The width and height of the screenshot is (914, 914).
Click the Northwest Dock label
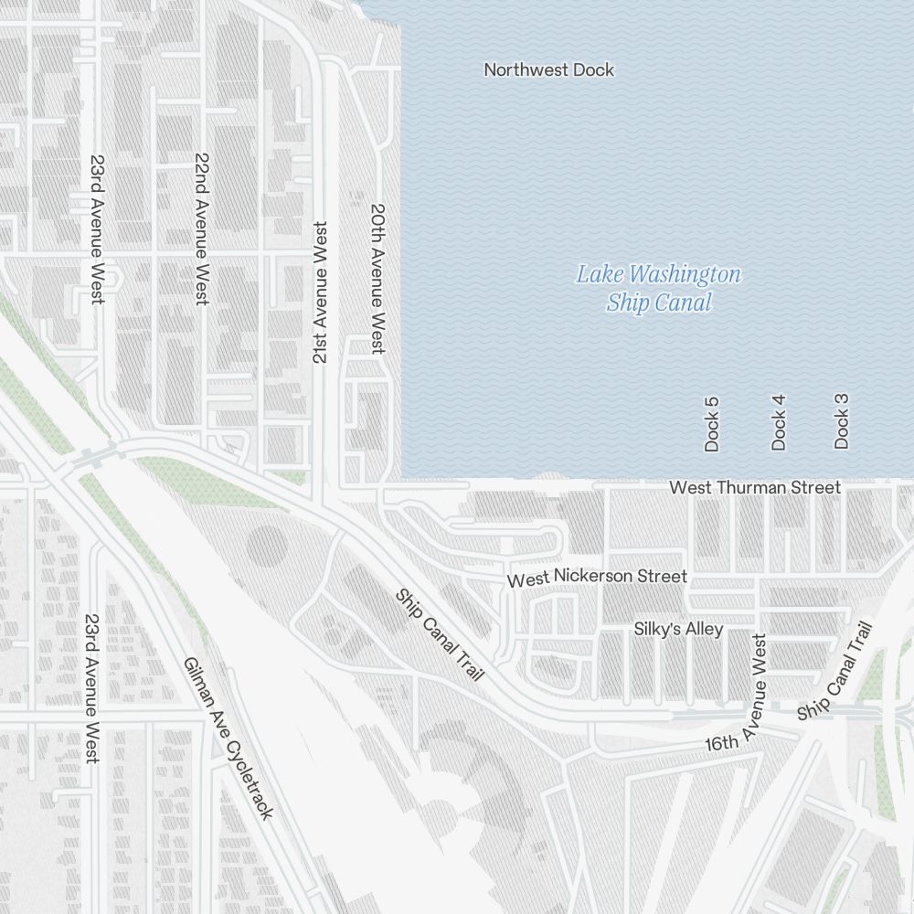point(548,69)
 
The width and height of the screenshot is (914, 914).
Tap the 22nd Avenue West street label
point(202,228)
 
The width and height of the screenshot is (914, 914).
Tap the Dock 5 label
point(712,424)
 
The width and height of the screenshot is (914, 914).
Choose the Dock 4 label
point(779,422)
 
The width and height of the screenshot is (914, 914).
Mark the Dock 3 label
point(842,420)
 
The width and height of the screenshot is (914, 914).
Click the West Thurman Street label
point(754,487)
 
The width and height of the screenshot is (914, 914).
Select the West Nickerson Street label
point(597,578)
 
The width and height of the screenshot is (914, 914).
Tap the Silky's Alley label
point(678,629)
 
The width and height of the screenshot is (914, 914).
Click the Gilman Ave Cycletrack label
point(228,738)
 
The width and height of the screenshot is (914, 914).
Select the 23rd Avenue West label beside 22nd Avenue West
point(97,228)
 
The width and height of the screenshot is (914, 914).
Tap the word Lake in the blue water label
point(596,274)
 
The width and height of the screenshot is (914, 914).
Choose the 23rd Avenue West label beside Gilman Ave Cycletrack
point(91,688)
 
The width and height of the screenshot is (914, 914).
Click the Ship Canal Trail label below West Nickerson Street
point(439,633)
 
